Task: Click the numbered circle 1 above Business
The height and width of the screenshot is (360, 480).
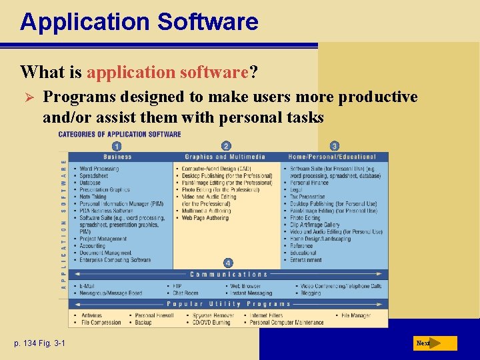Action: (x=117, y=146)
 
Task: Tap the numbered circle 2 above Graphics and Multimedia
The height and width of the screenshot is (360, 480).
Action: (x=226, y=146)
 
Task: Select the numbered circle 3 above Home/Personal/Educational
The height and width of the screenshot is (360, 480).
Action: (x=334, y=146)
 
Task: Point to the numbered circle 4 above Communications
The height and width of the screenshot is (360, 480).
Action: (x=227, y=263)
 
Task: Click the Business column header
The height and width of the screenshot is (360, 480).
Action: (x=117, y=157)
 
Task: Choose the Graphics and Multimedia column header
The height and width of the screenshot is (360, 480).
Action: (x=225, y=157)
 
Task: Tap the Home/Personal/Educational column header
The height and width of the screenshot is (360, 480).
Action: (x=333, y=157)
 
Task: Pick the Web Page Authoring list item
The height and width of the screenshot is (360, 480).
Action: (x=205, y=218)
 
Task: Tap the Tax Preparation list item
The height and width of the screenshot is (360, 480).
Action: (x=307, y=197)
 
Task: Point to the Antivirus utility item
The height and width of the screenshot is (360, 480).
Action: (x=93, y=315)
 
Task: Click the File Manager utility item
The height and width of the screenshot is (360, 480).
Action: (x=356, y=315)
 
